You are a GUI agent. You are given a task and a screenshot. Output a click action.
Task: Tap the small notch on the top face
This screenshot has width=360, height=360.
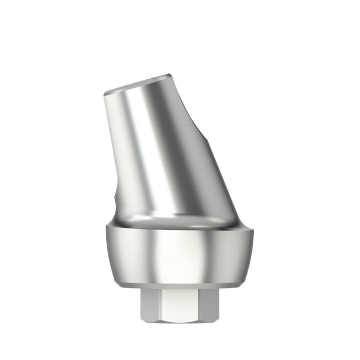tap(169, 76)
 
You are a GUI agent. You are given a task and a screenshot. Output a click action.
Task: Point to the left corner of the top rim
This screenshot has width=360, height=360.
tap(104, 93)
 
